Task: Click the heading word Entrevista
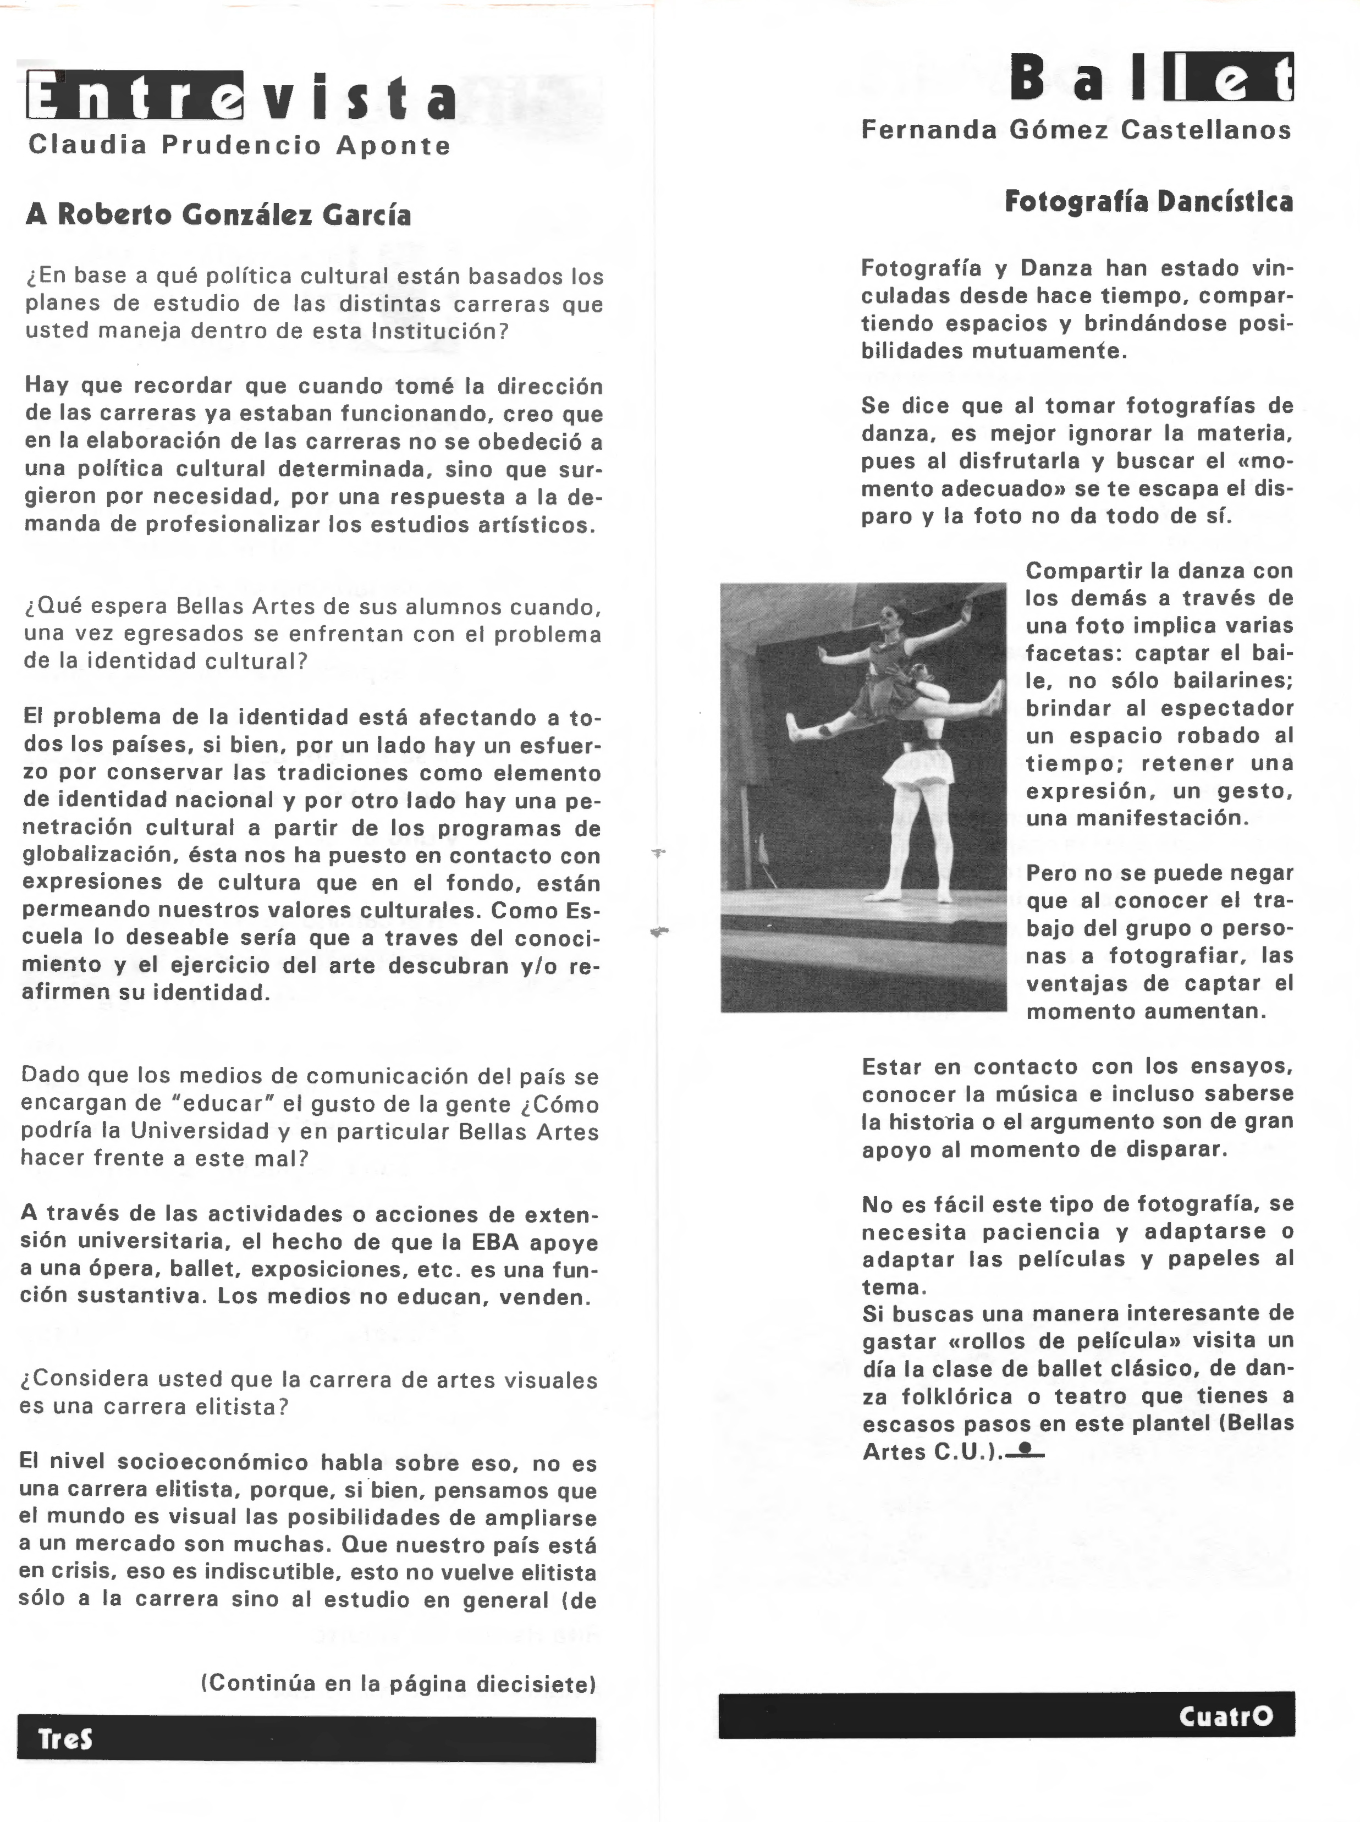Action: pos(240,97)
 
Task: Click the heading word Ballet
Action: pos(1151,80)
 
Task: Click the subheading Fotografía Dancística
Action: pos(1148,202)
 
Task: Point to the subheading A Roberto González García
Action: pos(218,215)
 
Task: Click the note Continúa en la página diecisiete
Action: pos(399,1683)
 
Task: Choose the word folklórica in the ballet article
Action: pos(956,1396)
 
